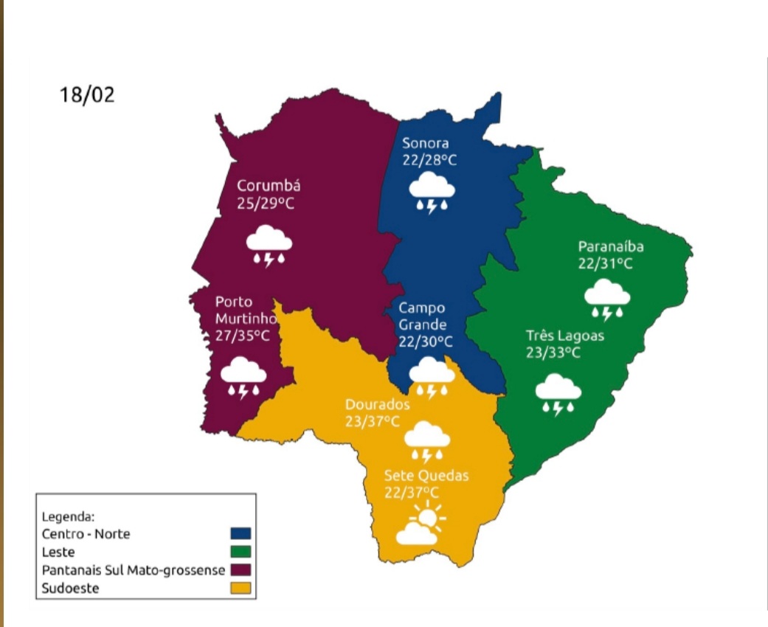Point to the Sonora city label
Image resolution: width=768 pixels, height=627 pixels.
pyautogui.click(x=425, y=143)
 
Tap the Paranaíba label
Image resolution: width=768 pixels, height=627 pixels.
pyautogui.click(x=611, y=246)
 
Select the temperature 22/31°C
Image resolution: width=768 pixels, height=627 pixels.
pyautogui.click(x=606, y=263)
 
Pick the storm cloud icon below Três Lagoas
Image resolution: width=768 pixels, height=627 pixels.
pyautogui.click(x=558, y=394)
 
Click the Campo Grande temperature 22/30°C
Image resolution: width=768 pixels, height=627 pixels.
pyautogui.click(x=426, y=342)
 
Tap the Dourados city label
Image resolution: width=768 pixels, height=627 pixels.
pyautogui.click(x=377, y=405)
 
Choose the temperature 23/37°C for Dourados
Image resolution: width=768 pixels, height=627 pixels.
pyautogui.click(x=373, y=422)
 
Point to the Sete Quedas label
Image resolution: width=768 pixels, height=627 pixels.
pyautogui.click(x=426, y=475)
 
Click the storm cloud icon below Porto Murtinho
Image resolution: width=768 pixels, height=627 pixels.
pyautogui.click(x=243, y=378)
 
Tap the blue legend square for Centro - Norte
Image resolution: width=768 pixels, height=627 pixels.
pyautogui.click(x=241, y=533)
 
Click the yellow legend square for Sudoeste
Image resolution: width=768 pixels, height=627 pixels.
pyautogui.click(x=241, y=588)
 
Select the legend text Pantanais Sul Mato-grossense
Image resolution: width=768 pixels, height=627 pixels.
pyautogui.click(x=134, y=570)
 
